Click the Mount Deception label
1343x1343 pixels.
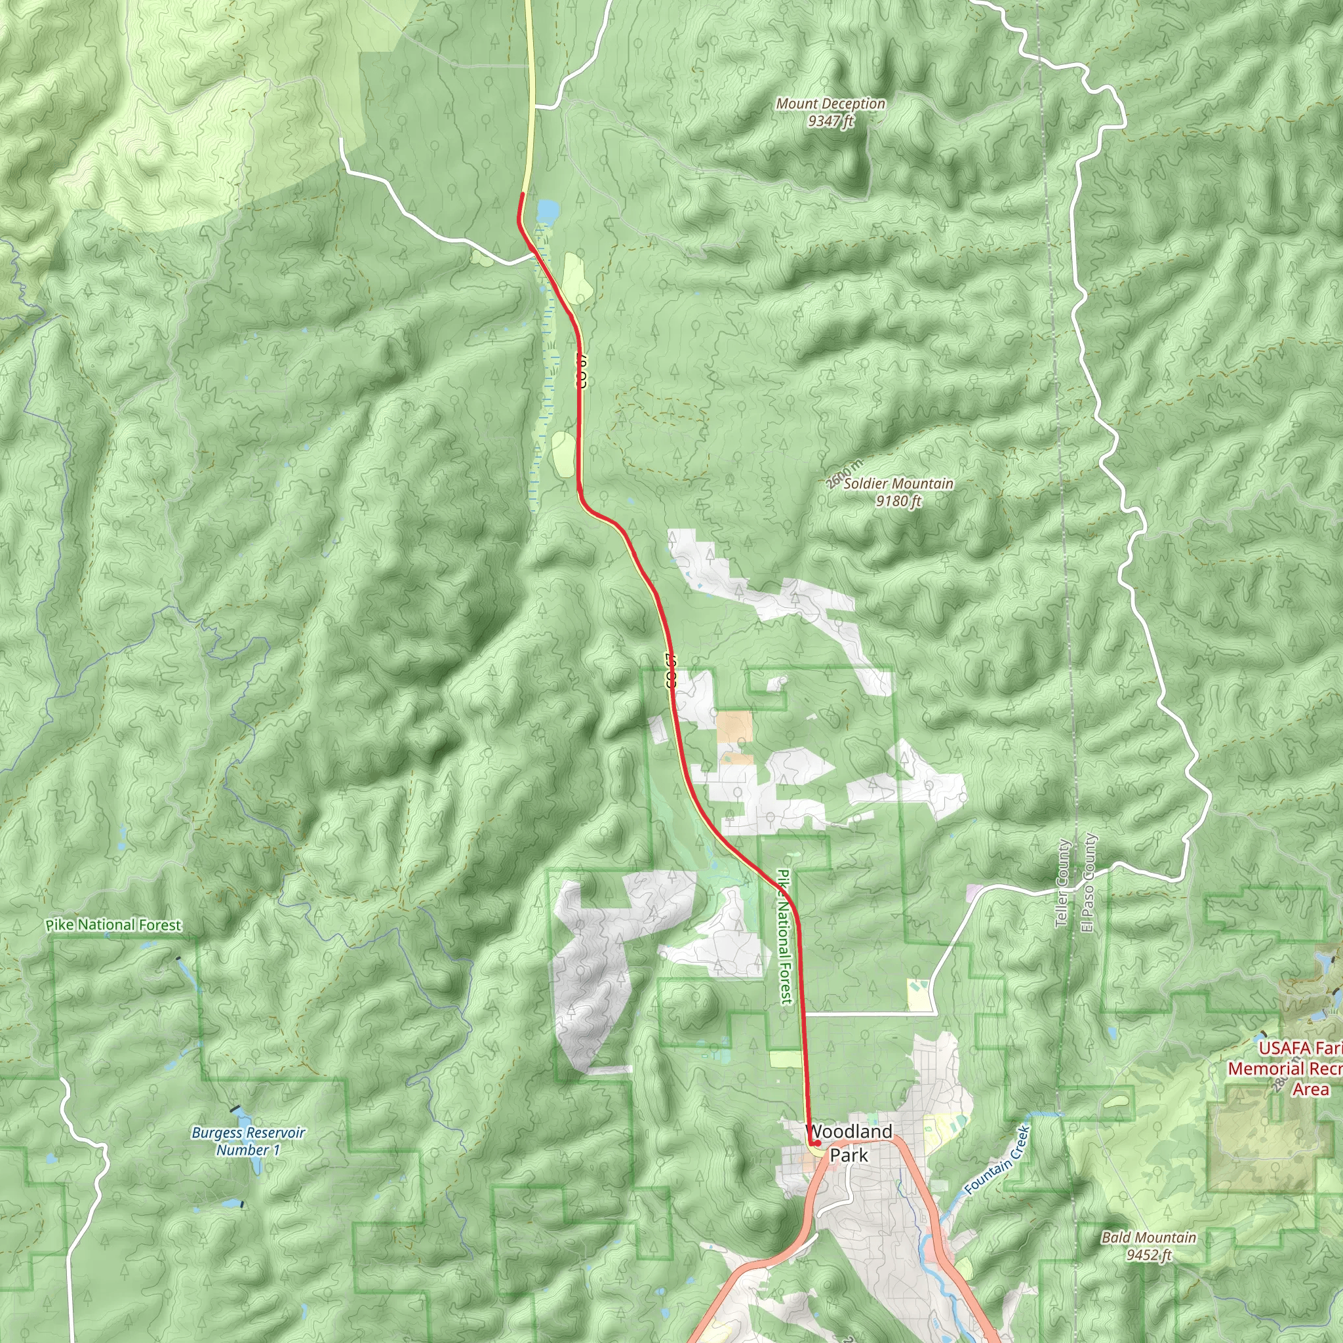click(x=831, y=104)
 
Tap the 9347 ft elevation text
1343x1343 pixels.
click(x=831, y=121)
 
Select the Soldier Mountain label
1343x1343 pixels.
click(x=898, y=483)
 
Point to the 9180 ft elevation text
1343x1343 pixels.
click(x=898, y=500)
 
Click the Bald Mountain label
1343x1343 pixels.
click(x=1149, y=1237)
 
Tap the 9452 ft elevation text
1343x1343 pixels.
click(x=1149, y=1254)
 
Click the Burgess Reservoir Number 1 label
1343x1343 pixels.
click(x=248, y=1141)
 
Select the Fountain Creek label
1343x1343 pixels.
click(x=996, y=1159)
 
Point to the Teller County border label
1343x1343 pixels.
click(x=1062, y=883)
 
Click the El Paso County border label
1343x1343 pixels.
click(x=1088, y=883)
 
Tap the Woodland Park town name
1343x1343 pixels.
click(x=849, y=1143)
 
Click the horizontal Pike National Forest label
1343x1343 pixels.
click(x=113, y=925)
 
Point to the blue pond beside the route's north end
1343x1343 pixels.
click(x=547, y=210)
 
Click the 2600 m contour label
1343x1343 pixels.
click(x=845, y=474)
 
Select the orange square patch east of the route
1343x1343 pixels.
click(x=734, y=727)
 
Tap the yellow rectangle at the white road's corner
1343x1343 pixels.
click(x=918, y=995)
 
